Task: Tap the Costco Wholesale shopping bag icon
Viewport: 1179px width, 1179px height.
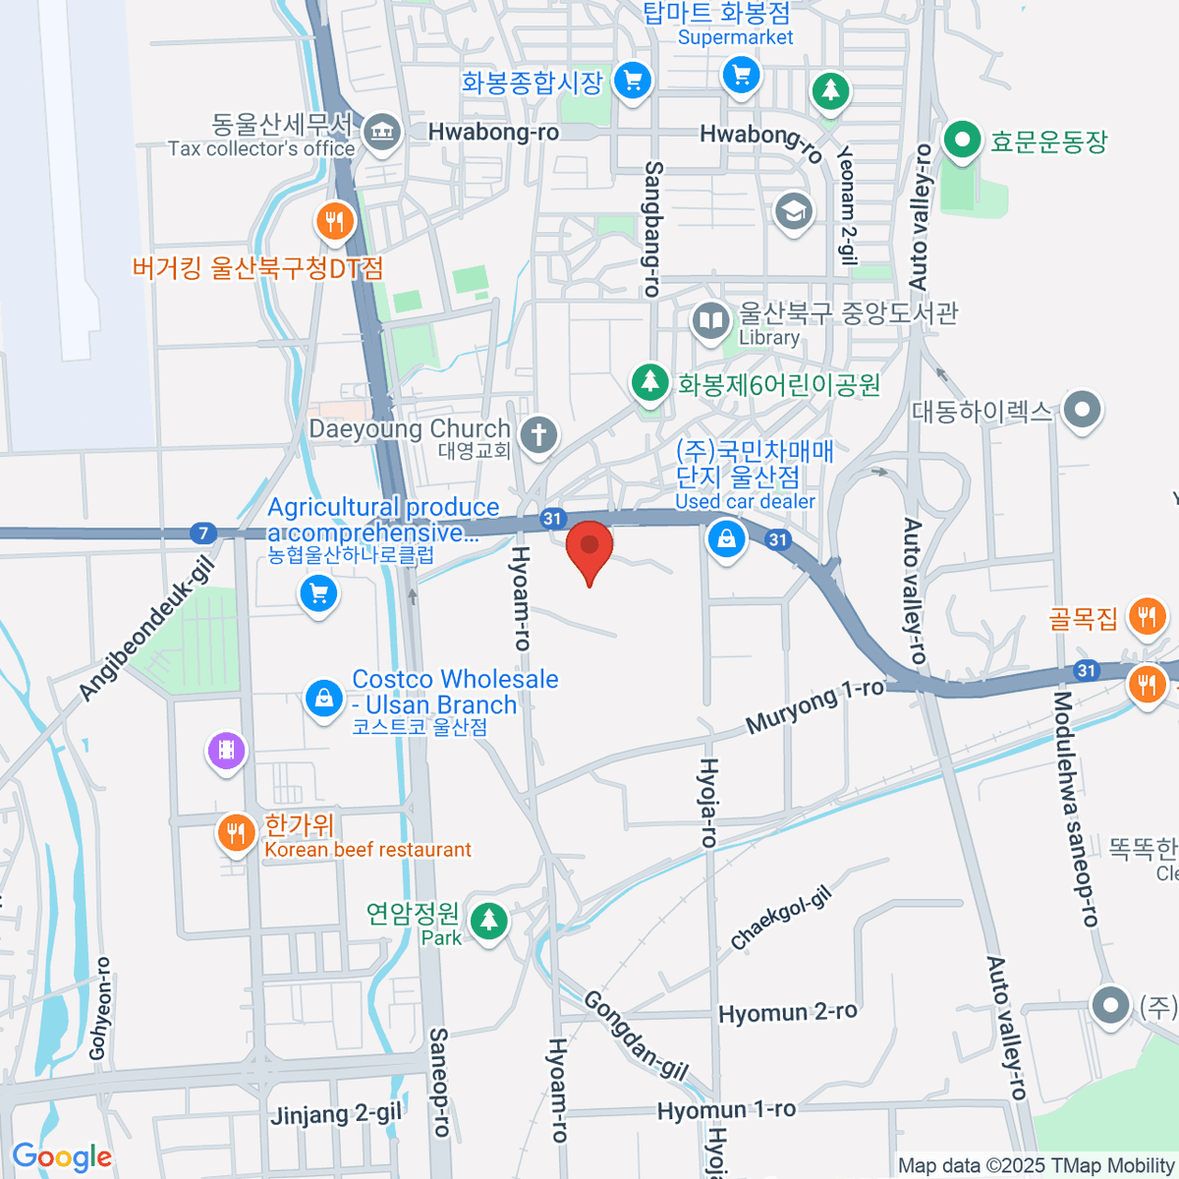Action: (323, 699)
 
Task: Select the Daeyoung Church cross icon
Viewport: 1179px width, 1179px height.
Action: (537, 434)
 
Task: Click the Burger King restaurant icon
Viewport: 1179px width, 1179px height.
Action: (335, 221)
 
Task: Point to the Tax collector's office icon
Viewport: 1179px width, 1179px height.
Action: (381, 132)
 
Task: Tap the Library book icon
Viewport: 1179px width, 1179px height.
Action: (709, 320)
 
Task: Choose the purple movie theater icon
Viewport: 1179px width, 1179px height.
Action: (226, 752)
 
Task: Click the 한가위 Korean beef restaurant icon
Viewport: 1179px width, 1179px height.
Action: (235, 834)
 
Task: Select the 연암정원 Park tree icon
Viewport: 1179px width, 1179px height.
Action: (488, 921)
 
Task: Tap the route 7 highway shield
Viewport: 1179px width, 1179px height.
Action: (203, 533)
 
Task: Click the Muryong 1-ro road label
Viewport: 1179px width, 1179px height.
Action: (814, 706)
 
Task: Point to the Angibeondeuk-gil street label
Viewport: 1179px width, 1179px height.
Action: (146, 629)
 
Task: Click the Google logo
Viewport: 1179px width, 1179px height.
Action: (62, 1157)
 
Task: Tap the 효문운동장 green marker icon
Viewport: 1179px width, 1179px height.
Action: (962, 140)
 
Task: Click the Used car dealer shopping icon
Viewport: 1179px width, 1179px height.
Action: (726, 538)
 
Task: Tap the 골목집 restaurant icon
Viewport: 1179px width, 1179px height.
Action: (1147, 617)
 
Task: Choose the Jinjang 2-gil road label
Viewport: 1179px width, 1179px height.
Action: (336, 1114)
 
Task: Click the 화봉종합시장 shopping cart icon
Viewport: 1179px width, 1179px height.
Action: (632, 80)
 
